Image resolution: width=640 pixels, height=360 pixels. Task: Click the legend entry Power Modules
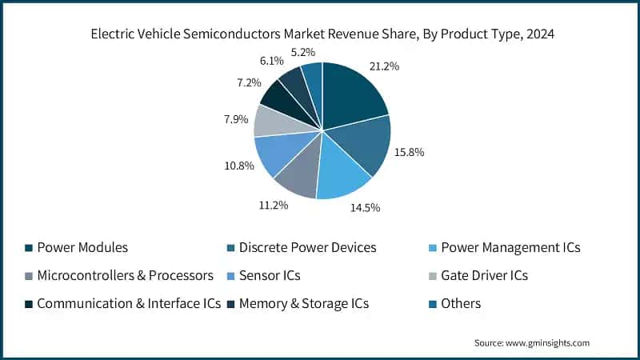coord(82,248)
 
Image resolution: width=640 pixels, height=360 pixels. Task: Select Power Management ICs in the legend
coord(510,248)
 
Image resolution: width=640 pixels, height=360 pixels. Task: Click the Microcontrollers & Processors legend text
coord(125,276)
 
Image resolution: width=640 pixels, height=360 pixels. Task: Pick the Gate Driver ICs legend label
coord(484,276)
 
